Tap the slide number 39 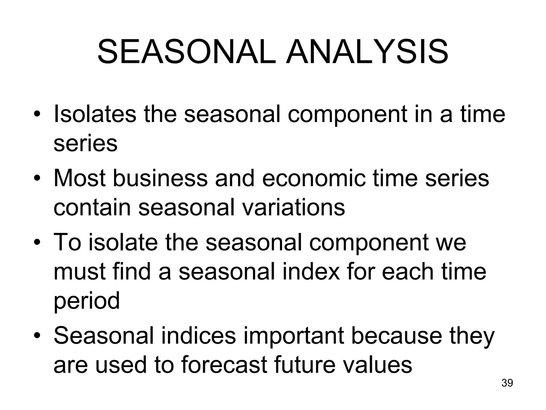(x=507, y=383)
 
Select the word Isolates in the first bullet (x=95, y=114)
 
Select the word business (x=160, y=178)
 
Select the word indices (x=199, y=336)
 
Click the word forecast (x=224, y=365)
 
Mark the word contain (x=92, y=208)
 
